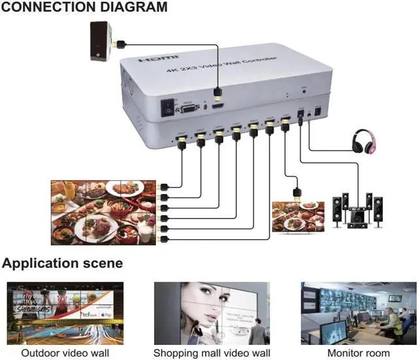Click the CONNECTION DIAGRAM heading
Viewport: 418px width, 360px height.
[84, 8]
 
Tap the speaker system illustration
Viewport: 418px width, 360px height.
[357, 210]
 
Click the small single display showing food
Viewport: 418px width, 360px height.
[297, 216]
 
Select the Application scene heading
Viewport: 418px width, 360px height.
[62, 263]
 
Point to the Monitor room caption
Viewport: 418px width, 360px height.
[359, 353]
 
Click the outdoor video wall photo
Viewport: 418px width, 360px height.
[63, 313]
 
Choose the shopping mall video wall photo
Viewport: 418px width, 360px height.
[211, 313]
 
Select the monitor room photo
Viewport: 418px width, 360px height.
[359, 313]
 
